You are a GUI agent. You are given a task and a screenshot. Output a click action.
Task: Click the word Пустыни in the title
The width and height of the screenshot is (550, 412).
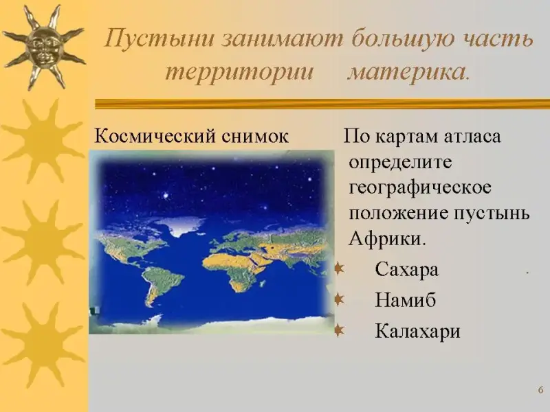[x=159, y=38]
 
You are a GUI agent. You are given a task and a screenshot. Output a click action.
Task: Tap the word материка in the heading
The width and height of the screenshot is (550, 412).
[x=408, y=73]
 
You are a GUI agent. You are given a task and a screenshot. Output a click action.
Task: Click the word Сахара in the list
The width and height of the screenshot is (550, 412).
[x=406, y=270]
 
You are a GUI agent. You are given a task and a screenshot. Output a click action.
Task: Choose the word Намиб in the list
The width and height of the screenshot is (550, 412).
[x=406, y=301]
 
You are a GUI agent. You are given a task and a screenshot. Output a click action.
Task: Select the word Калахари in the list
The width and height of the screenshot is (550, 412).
[x=417, y=331]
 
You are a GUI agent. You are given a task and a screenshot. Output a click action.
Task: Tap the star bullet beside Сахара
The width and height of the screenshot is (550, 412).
[x=339, y=268]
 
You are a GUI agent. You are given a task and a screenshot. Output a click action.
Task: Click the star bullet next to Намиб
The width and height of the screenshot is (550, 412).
[x=339, y=299]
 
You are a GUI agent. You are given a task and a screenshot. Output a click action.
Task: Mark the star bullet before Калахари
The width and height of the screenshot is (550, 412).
[x=339, y=330]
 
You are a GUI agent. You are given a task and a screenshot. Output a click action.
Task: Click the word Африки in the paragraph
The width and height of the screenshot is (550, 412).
[x=387, y=239]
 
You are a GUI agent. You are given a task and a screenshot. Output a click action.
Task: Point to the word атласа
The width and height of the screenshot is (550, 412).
[x=472, y=136]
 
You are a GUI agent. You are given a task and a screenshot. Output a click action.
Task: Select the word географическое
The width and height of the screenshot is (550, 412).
[x=420, y=187]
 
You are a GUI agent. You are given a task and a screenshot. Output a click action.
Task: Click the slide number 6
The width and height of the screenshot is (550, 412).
[x=540, y=390]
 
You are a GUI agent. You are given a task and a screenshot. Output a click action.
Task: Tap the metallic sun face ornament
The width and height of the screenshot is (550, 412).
[x=43, y=47]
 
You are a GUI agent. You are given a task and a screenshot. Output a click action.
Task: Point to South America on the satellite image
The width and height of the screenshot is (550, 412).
[x=162, y=284]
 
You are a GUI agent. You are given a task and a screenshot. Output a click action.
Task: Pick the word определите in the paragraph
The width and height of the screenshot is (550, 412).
[x=401, y=162]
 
